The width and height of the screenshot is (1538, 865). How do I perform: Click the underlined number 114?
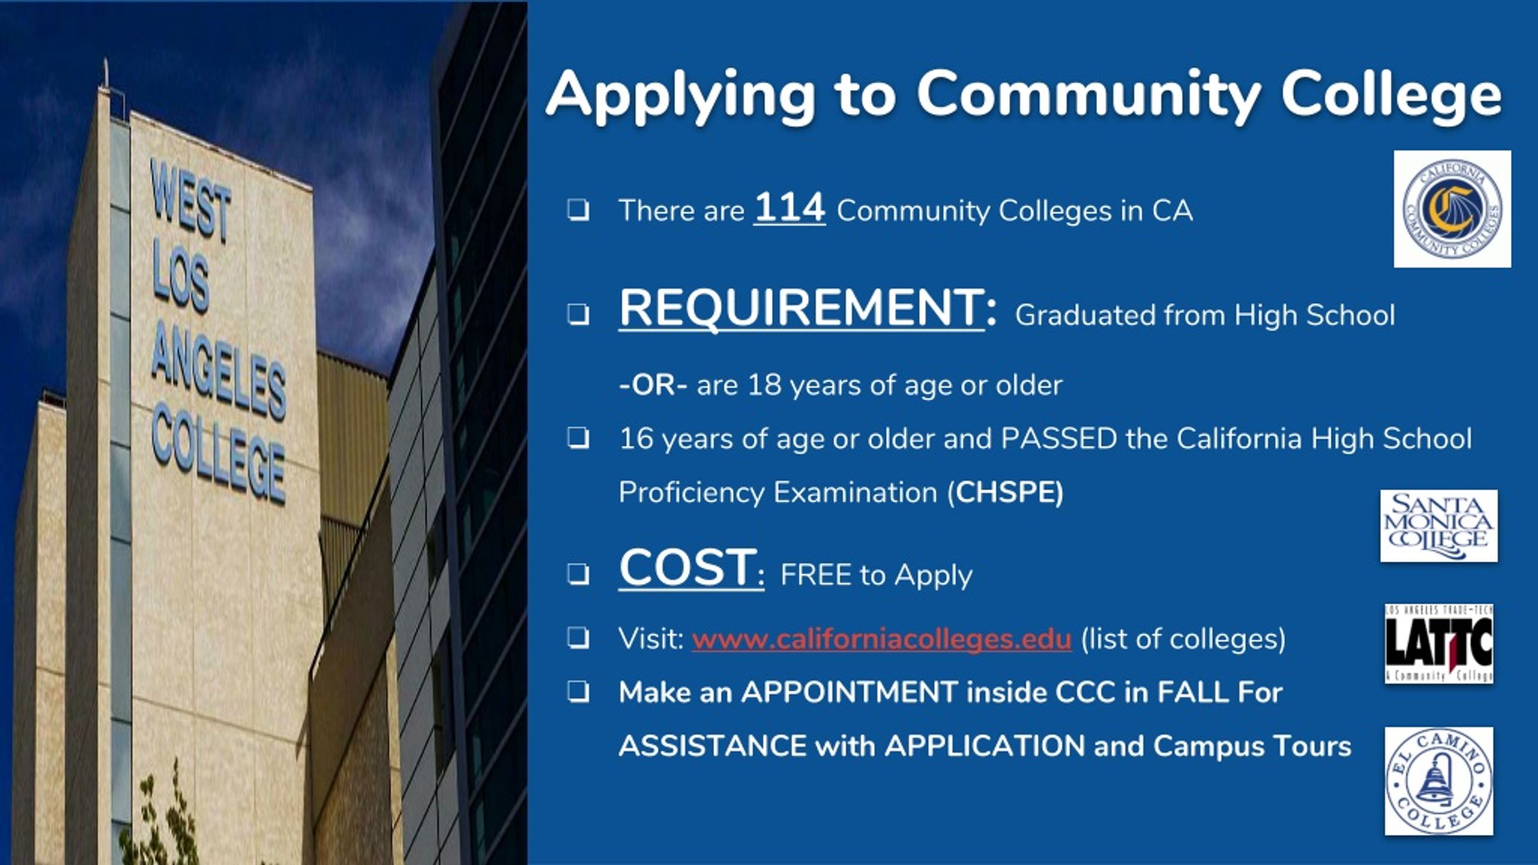[x=789, y=208]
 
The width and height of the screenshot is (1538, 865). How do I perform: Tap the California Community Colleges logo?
[x=1452, y=209]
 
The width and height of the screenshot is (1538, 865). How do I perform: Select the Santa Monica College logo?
[x=1439, y=526]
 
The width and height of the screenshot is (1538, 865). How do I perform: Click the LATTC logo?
[x=1439, y=643]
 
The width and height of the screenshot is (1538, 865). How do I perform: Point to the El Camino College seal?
[x=1438, y=781]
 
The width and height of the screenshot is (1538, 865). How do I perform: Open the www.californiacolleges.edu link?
[x=881, y=639]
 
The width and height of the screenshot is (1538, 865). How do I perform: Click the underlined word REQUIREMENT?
[x=801, y=308]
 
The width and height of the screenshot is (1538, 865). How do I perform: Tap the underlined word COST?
[x=688, y=567]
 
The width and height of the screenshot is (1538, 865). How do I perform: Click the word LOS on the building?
[x=180, y=282]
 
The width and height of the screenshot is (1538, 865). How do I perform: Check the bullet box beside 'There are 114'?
[x=577, y=211]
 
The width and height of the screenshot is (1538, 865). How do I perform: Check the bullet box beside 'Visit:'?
[x=577, y=639]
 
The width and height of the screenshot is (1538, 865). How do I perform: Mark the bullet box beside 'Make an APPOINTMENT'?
[x=577, y=693]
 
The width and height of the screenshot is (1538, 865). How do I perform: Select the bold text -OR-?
[x=653, y=385]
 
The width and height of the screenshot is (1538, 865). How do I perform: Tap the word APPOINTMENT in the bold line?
[x=849, y=693]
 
